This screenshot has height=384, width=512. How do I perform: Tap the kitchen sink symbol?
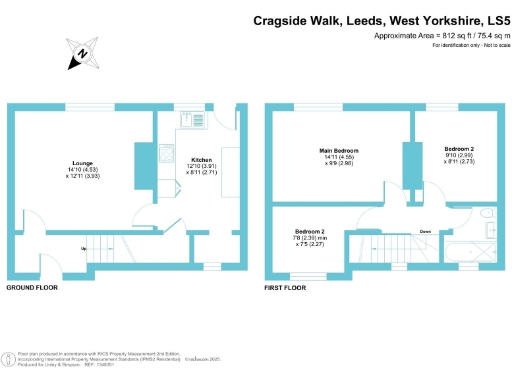click(x=189, y=119)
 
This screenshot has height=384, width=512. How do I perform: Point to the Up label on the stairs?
click(x=83, y=247)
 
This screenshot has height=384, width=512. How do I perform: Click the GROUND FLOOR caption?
click(x=32, y=287)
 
